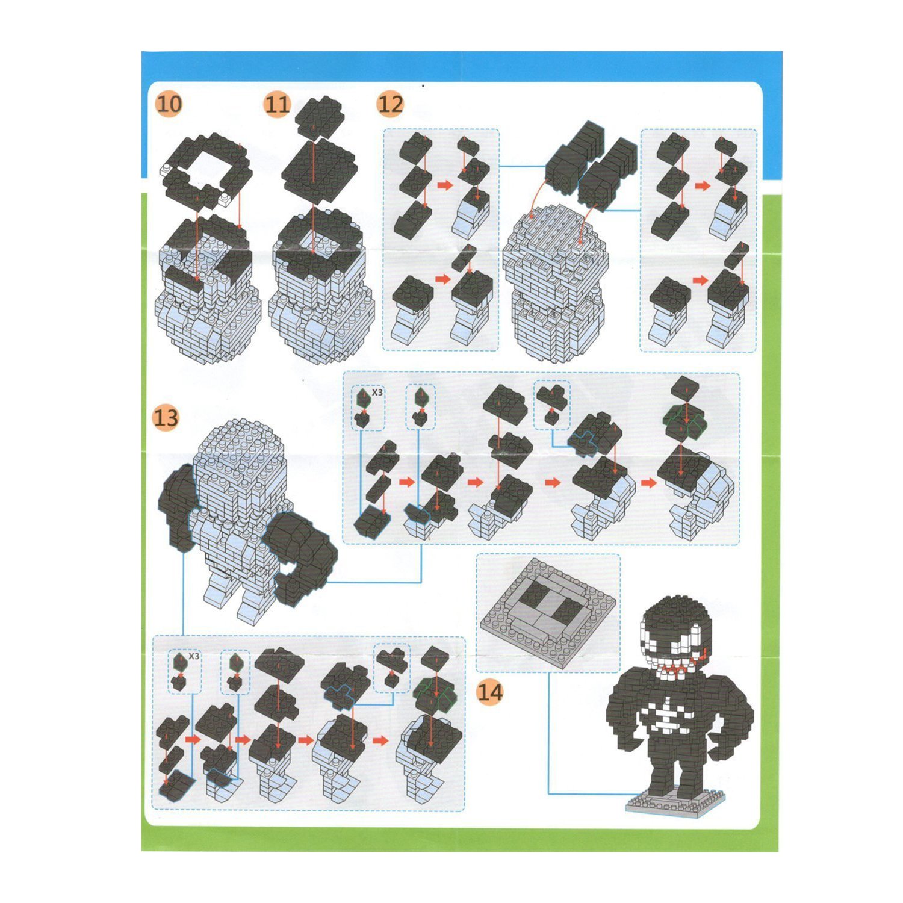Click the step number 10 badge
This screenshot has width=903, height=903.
169,104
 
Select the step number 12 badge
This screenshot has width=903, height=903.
390,104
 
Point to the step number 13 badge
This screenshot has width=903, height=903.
166,417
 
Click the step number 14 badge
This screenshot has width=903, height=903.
490,692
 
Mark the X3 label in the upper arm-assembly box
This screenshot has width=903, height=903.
377,392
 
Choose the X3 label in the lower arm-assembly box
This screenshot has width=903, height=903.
193,656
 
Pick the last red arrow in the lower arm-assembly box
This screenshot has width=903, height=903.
380,740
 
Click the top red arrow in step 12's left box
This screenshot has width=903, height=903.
444,185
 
